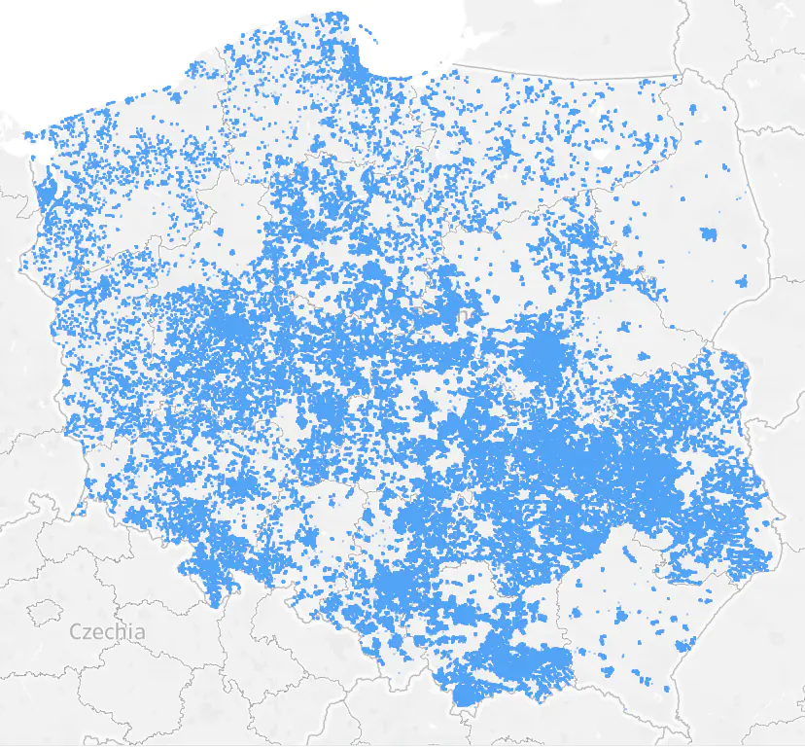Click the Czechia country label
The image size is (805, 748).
tap(107, 632)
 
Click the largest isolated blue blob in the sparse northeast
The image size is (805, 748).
tap(708, 233)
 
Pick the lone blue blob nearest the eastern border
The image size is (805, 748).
tap(743, 282)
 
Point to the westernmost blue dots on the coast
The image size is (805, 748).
tap(27, 137)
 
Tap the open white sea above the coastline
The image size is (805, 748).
tap(146, 49)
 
